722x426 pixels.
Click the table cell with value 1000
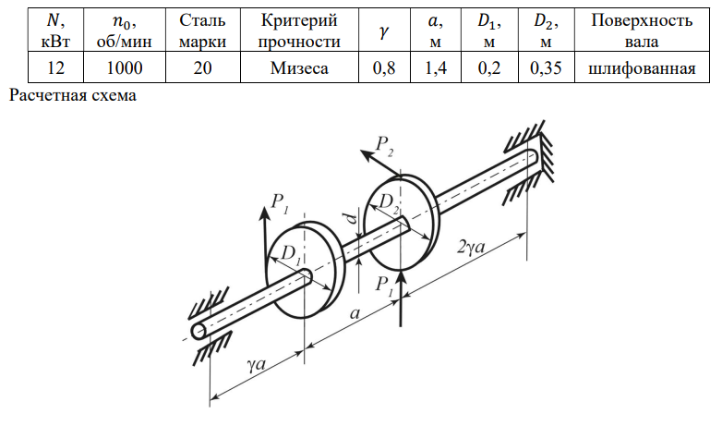click(125, 67)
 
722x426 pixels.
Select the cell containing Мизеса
click(299, 67)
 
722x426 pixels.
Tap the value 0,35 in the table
click(546, 67)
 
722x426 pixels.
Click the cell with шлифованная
click(642, 67)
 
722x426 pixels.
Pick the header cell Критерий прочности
click(299, 30)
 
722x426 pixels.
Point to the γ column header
click(384, 30)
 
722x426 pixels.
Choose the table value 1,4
click(436, 67)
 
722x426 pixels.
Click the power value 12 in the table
click(55, 67)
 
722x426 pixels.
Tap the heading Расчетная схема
click(73, 95)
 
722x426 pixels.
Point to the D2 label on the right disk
click(389, 202)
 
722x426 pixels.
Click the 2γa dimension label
click(472, 247)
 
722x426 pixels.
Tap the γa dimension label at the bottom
click(257, 364)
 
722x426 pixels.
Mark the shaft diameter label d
click(353, 218)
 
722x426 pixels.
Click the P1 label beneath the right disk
click(384, 286)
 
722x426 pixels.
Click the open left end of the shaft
click(199, 331)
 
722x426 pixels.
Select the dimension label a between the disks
click(355, 313)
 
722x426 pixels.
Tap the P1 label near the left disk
click(280, 203)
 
